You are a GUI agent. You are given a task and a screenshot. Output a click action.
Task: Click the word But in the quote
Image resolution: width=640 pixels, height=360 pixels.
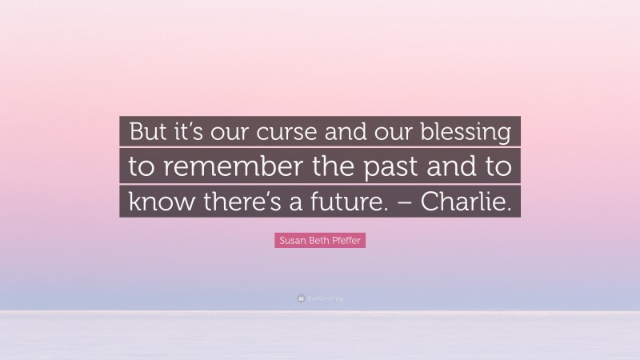tap(147, 132)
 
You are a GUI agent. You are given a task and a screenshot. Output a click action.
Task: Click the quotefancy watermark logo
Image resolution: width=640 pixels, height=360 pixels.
tap(320, 298)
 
